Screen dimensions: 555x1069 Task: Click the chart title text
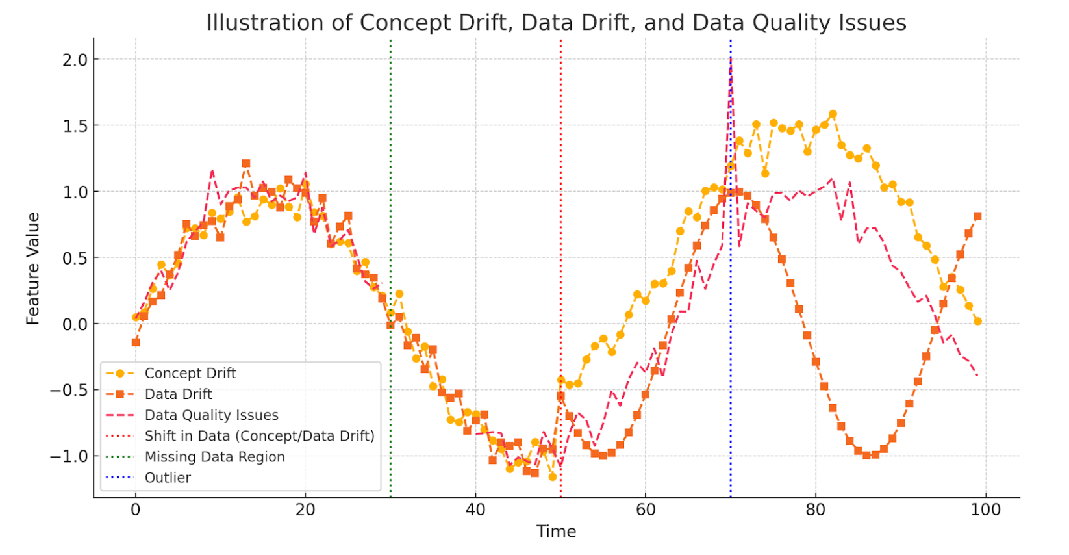click(x=556, y=23)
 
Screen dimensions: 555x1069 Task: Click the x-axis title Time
click(x=556, y=532)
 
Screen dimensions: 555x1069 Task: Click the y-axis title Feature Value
click(x=32, y=268)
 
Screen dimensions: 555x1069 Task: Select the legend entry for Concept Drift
click(x=190, y=373)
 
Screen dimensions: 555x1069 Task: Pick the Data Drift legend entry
click(x=178, y=394)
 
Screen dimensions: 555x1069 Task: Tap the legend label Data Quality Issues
click(x=211, y=415)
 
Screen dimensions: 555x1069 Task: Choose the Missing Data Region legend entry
click(x=214, y=457)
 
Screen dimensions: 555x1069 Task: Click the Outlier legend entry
click(x=168, y=478)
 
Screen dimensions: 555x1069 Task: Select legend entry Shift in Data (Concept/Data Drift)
click(x=259, y=436)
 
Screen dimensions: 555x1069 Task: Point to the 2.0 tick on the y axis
click(x=75, y=60)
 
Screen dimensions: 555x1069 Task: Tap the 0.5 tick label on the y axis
click(x=75, y=258)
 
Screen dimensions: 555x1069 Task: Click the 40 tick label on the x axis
click(x=475, y=510)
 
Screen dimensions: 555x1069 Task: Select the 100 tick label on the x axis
click(x=985, y=510)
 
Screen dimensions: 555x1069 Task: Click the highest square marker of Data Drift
click(x=246, y=164)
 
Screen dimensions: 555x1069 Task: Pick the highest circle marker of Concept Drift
click(x=833, y=114)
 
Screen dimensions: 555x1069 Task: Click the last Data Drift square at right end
click(x=977, y=216)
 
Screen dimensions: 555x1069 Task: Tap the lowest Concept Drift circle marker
click(x=553, y=477)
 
